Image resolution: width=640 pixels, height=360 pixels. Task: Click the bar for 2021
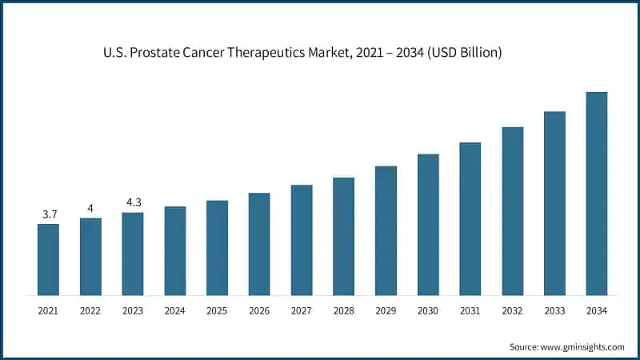tap(48, 260)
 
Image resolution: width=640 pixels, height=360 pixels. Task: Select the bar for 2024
tap(175, 251)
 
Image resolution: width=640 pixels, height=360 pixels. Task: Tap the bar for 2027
tap(302, 240)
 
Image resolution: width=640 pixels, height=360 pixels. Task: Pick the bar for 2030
tap(428, 225)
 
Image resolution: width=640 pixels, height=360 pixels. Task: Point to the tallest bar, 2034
tap(597, 194)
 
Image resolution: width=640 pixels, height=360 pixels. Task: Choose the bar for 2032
tap(513, 211)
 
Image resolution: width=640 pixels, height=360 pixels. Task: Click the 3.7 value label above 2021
tap(49, 214)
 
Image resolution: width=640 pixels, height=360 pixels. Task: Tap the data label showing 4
tap(90, 209)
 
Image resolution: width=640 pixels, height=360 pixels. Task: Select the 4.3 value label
tap(133, 202)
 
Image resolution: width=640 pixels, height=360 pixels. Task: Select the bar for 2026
tap(259, 244)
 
